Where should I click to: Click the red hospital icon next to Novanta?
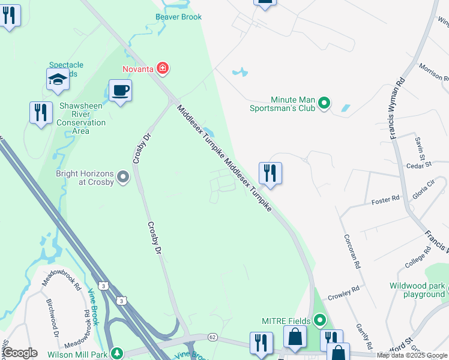tap(163, 69)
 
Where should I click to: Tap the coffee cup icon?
tap(120, 91)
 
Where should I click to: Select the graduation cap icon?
tap(58, 79)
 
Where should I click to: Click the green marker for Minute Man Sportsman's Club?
tap(324, 104)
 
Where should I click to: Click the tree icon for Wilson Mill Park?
tap(119, 353)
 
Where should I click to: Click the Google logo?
tap(20, 353)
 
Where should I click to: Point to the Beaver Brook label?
tap(178, 17)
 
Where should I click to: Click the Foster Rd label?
tap(385, 199)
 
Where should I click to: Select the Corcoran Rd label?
tap(351, 251)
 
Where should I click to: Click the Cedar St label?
tap(419, 164)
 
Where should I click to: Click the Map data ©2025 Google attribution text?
tap(412, 355)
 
